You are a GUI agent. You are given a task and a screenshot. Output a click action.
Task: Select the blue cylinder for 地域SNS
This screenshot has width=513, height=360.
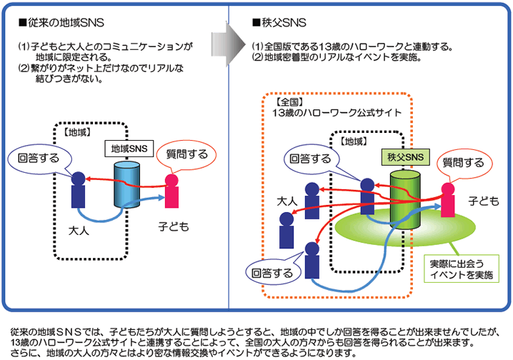(x=128, y=185)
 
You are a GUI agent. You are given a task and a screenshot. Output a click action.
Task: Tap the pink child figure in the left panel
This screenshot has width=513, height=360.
(x=171, y=191)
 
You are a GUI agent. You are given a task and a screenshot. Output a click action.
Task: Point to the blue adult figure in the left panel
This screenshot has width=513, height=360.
(x=78, y=189)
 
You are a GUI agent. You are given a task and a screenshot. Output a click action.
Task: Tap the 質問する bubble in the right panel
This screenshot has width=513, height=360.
(x=464, y=164)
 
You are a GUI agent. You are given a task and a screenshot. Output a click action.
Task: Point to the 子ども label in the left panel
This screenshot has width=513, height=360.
(x=173, y=227)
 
